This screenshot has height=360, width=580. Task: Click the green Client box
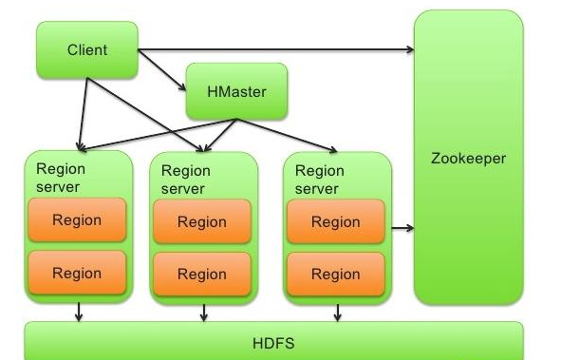(87, 49)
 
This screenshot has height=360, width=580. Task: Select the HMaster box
(235, 91)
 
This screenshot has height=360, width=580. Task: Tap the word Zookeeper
(468, 159)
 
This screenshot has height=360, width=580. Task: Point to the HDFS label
(273, 342)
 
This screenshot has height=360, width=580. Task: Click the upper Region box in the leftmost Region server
(77, 220)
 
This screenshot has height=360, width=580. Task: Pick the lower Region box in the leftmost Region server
(77, 273)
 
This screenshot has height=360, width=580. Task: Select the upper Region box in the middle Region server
(202, 222)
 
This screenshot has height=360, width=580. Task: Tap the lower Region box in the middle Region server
(202, 275)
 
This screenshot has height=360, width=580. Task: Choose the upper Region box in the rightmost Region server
(336, 222)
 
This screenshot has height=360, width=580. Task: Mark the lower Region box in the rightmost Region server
(336, 275)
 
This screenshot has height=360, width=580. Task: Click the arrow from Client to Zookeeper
(275, 48)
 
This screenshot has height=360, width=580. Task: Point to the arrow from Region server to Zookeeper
(402, 228)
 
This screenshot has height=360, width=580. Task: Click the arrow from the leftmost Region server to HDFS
(78, 312)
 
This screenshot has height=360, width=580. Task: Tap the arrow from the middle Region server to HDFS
(203, 312)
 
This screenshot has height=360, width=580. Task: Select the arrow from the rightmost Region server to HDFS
(335, 312)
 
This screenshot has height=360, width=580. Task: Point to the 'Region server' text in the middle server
(186, 180)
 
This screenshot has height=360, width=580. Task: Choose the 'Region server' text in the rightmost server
(320, 180)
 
